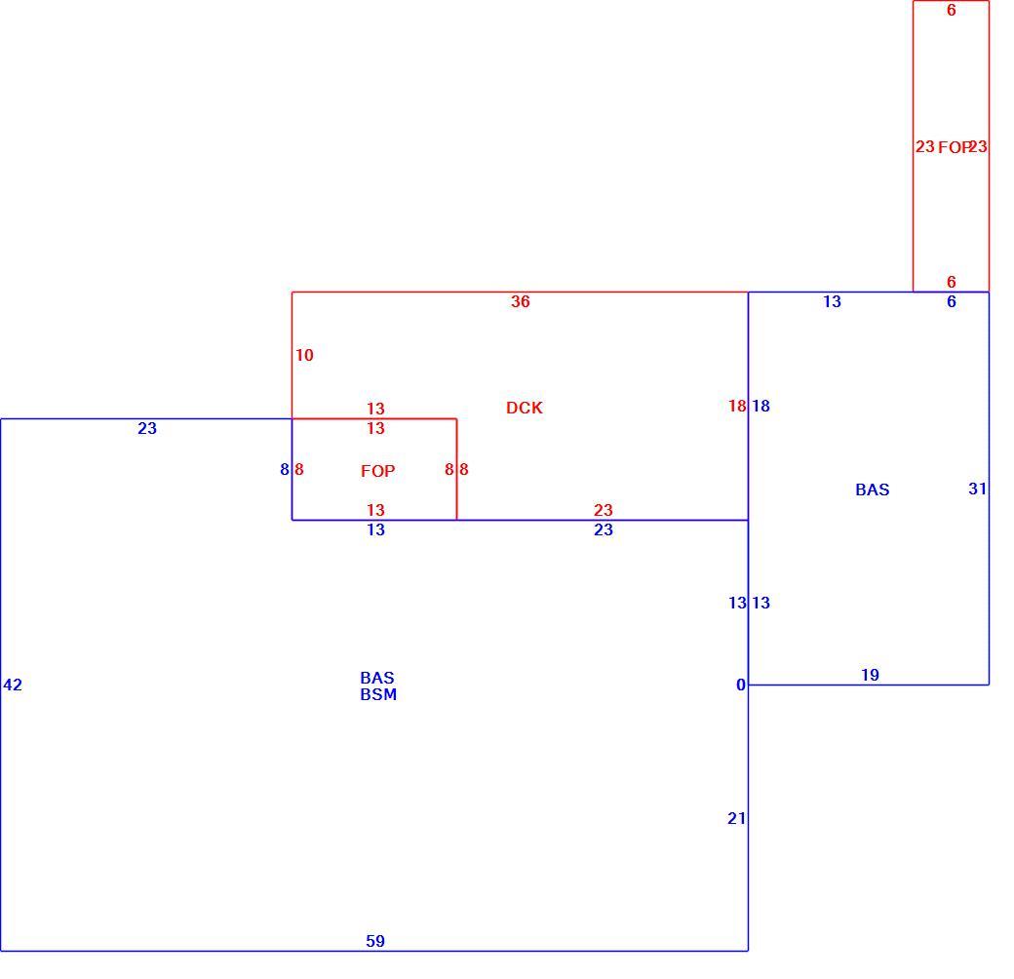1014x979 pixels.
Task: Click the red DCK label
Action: click(x=524, y=408)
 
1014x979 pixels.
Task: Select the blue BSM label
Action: click(x=378, y=694)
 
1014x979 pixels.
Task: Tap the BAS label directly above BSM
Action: click(x=377, y=678)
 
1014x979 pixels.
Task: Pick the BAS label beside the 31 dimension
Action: click(x=873, y=489)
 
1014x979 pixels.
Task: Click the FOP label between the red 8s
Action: click(x=377, y=471)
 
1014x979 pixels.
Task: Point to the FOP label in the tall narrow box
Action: click(x=954, y=147)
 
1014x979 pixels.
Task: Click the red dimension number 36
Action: click(x=521, y=301)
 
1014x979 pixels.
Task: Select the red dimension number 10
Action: click(x=304, y=355)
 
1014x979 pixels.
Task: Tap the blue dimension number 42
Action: click(x=13, y=685)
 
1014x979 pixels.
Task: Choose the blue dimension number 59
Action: click(x=375, y=941)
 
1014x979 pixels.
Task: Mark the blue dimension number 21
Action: click(x=736, y=819)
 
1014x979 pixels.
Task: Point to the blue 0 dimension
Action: click(x=741, y=685)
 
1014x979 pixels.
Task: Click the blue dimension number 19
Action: click(x=870, y=675)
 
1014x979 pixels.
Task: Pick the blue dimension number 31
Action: click(x=977, y=489)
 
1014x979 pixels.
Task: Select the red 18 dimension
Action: click(x=737, y=406)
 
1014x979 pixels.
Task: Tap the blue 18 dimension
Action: click(x=760, y=406)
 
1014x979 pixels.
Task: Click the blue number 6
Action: click(x=952, y=301)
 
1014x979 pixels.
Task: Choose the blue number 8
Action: click(x=285, y=469)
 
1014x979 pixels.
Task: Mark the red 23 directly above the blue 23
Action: click(x=604, y=510)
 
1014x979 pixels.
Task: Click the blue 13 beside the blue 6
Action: click(x=833, y=301)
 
